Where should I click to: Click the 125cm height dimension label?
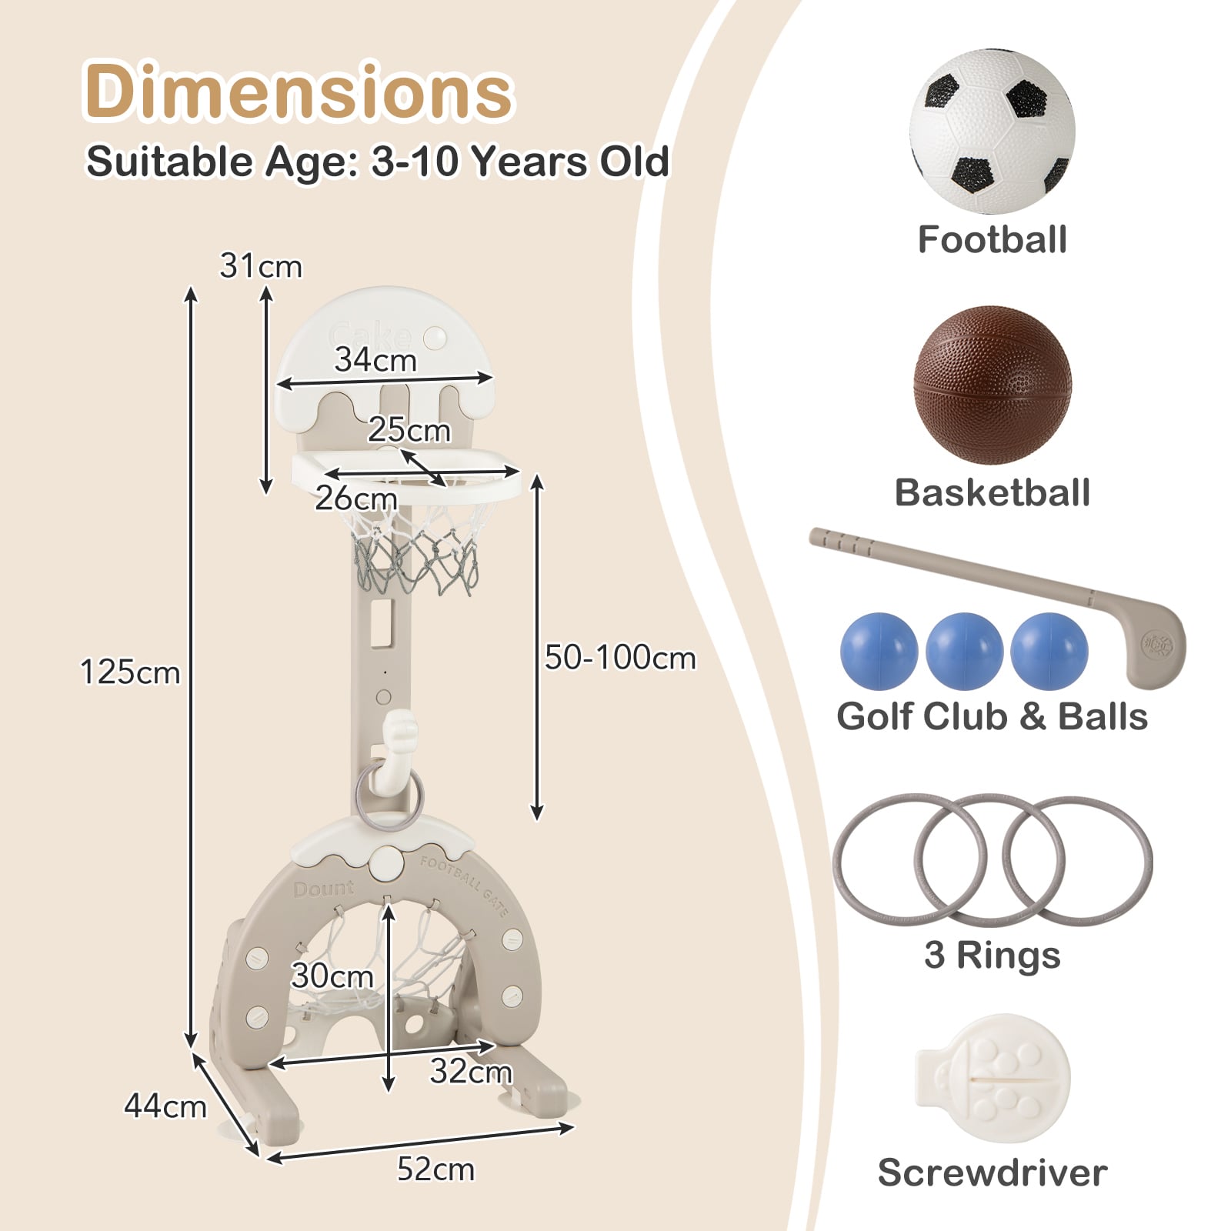click(x=131, y=672)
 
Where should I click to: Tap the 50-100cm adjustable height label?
click(x=620, y=658)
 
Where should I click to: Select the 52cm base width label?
click(x=435, y=1169)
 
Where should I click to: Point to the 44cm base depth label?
click(x=165, y=1106)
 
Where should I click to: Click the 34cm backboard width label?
click(x=375, y=360)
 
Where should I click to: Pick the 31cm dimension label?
click(x=261, y=266)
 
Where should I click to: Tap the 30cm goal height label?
click(x=332, y=976)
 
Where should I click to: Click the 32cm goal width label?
click(x=471, y=1072)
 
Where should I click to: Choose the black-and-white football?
click(x=992, y=132)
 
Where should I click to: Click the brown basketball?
click(x=992, y=385)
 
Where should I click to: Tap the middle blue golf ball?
click(x=964, y=651)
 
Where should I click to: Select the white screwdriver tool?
click(x=992, y=1078)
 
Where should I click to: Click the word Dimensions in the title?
click(x=299, y=92)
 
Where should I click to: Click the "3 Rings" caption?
click(x=992, y=956)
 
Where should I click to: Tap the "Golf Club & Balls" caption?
click(x=992, y=716)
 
